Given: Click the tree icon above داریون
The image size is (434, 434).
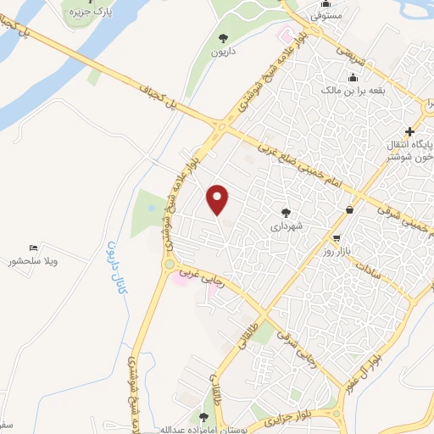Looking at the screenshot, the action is click(x=223, y=37).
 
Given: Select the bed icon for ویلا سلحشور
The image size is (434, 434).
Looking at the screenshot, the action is click(x=34, y=246).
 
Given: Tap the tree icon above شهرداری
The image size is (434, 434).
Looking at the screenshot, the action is click(x=286, y=214).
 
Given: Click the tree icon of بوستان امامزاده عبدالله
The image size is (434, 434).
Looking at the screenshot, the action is click(x=204, y=416).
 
